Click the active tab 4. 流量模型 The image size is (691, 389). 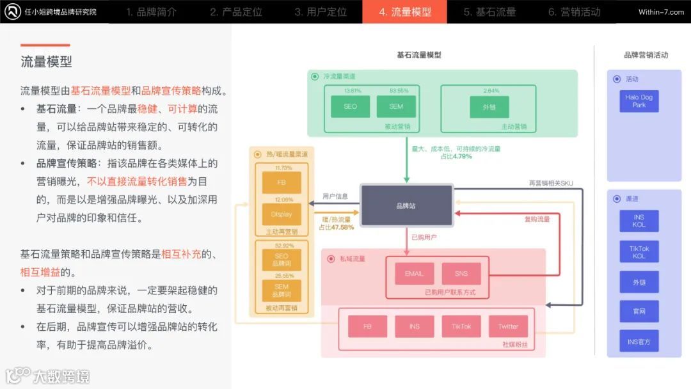pos(404,12)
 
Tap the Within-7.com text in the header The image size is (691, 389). pos(661,12)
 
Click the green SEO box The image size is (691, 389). pos(351,106)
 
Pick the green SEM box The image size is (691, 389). pos(396,106)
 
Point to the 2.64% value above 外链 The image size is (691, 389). pos(491,90)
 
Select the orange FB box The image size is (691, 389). pos(282,182)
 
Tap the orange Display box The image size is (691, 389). pos(282,214)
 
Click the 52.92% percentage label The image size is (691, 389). pos(282,245)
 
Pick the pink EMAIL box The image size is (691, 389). pos(414,273)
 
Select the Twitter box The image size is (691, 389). pos(508,326)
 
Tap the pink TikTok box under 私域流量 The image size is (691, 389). pos(461,326)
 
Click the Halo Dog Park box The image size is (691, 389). pos(639,101)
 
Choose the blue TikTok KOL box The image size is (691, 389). pos(639,251)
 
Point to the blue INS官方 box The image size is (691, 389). pos(639,342)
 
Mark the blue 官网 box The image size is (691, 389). pos(639,312)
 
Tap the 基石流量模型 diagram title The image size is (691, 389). pos(419,55)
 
